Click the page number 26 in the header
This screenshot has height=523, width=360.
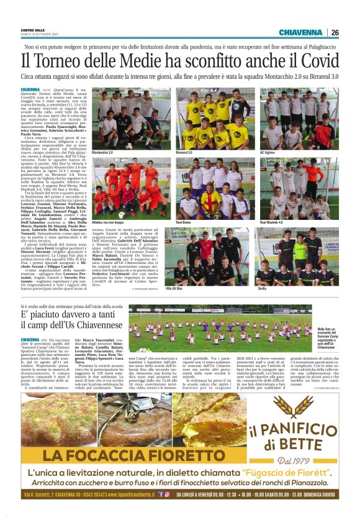coord(335,32)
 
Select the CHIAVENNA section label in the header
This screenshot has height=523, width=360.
coord(300,32)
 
